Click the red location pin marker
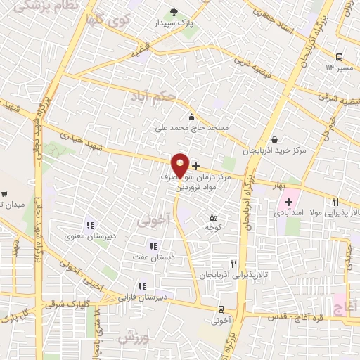coord(181,165)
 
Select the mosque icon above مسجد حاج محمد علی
coord(191,117)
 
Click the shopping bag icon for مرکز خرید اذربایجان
coord(274,138)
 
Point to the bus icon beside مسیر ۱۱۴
coord(340,57)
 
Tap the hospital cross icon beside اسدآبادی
coord(289,202)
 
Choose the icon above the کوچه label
coord(213,217)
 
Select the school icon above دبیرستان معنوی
coord(90,226)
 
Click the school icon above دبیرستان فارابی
coord(143,285)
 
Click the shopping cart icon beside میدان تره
coord(6,193)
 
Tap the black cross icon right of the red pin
coord(195,166)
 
